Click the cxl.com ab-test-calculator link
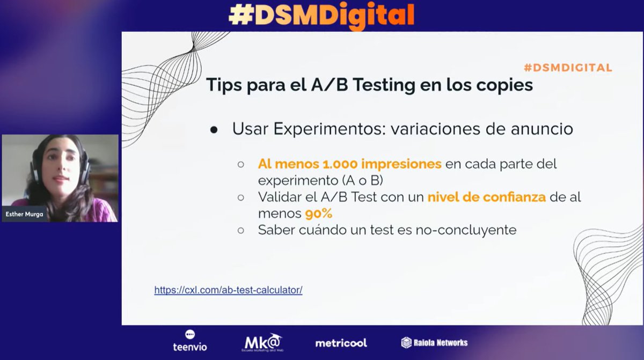click(x=228, y=290)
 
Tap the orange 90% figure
click(x=319, y=214)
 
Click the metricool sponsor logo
click(x=341, y=343)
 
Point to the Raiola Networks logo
click(x=434, y=342)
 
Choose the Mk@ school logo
click(x=262, y=342)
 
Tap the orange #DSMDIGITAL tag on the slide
click(x=568, y=68)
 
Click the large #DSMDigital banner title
click(x=321, y=15)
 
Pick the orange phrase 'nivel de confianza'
click(x=486, y=197)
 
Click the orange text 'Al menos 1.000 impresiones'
click(x=349, y=164)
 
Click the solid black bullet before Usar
click(x=214, y=130)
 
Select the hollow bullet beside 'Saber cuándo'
click(x=241, y=231)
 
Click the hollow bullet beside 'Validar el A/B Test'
click(x=241, y=197)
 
